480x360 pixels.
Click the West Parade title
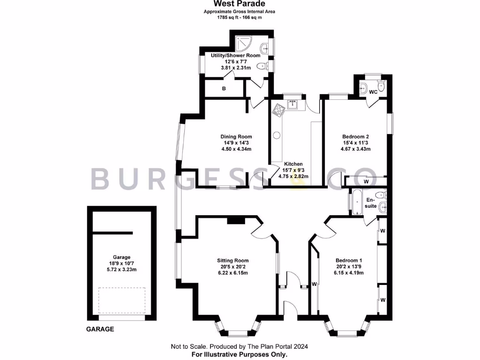(x=240, y=4)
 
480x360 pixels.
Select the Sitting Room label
(x=232, y=261)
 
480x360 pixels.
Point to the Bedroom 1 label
(x=349, y=261)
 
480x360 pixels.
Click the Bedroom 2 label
(x=355, y=137)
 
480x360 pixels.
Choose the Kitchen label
(x=293, y=164)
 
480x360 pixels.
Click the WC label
(x=373, y=92)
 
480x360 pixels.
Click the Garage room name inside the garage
(x=121, y=257)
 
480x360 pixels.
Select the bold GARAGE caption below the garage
(x=100, y=329)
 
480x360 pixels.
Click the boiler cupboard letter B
(x=224, y=89)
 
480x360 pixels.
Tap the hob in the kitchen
(x=279, y=110)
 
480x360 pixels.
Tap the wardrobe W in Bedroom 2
(x=366, y=181)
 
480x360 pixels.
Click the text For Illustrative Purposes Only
(x=240, y=354)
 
